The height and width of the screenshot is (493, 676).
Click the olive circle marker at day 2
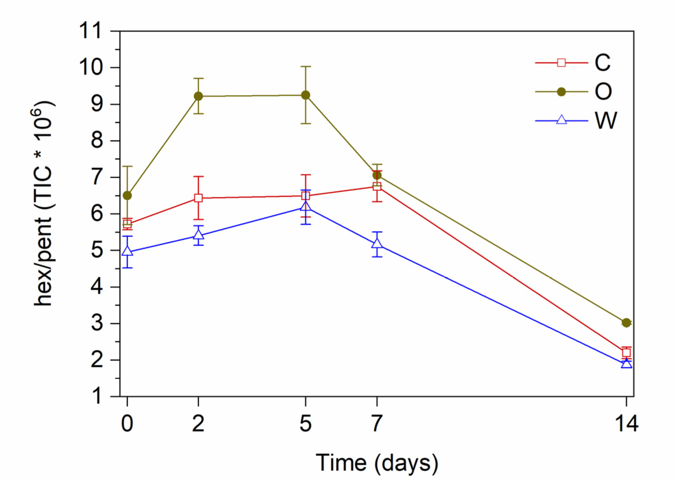point(198,96)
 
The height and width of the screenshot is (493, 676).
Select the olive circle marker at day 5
point(305,95)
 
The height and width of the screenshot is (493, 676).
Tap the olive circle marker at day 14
point(626,323)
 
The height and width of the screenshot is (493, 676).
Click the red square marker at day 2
point(198,198)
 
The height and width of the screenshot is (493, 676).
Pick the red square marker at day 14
point(626,353)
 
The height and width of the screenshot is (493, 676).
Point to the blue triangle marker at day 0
point(127,251)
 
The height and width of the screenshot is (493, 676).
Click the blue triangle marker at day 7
point(377,244)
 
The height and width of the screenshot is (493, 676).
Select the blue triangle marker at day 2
point(198,235)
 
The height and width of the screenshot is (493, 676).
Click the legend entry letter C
point(602,63)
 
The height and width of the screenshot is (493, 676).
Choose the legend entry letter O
point(603,92)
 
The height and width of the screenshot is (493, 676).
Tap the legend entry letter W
point(605,121)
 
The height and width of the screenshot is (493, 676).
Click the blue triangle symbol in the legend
point(561,120)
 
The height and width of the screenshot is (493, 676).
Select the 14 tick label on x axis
point(626,423)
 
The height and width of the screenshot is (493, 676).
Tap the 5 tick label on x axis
point(305,423)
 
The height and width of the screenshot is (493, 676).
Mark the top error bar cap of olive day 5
point(305,67)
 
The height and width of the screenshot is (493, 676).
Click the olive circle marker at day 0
point(127,196)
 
